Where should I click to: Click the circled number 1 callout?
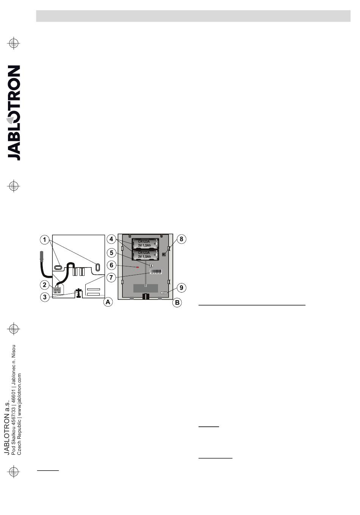click(45, 240)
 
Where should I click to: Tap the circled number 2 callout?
click(45, 285)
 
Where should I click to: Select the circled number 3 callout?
click(45, 297)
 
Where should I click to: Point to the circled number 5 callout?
click(111, 253)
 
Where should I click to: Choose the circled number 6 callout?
click(111, 265)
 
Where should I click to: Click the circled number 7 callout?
click(111, 277)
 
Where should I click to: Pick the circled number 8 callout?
click(182, 239)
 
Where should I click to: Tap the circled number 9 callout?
click(182, 288)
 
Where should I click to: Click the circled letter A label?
click(108, 302)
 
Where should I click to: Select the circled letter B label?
click(177, 302)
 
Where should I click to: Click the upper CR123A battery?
click(145, 243)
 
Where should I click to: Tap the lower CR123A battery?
click(145, 255)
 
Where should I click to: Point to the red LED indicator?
click(138, 267)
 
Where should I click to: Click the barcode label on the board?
click(156, 272)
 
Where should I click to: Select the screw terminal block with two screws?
click(57, 290)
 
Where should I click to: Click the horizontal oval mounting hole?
click(58, 267)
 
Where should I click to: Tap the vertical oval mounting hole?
click(97, 267)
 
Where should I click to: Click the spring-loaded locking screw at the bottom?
click(78, 293)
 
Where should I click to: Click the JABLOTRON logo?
click(14, 113)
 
